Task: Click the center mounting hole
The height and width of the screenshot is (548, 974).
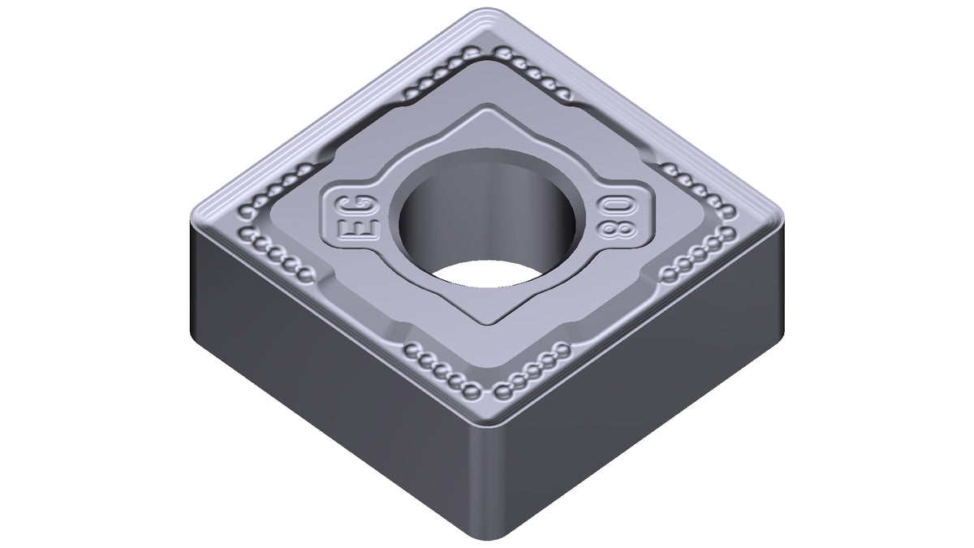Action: tap(488, 217)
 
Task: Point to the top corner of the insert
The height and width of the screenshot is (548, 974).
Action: tap(488, 11)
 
